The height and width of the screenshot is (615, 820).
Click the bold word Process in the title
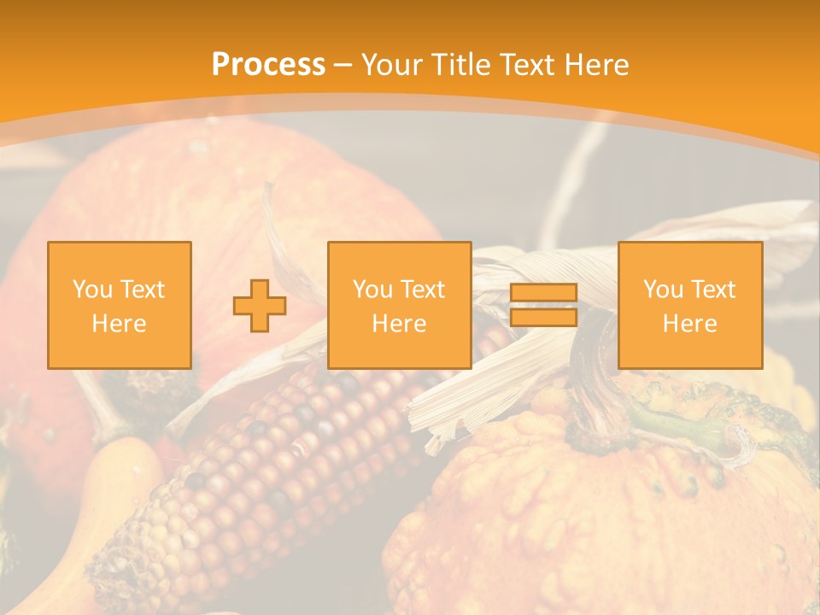268,65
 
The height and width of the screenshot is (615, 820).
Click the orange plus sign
260,305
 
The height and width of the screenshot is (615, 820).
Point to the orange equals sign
543,305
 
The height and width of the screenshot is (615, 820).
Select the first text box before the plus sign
120,305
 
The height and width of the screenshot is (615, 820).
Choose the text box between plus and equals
399,305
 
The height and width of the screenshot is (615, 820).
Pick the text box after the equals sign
689,305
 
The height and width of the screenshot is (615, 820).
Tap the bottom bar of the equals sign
543,317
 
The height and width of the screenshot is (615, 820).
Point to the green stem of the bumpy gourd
675,423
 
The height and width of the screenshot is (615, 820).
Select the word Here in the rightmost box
689,323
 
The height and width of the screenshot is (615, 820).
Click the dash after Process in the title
343,65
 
